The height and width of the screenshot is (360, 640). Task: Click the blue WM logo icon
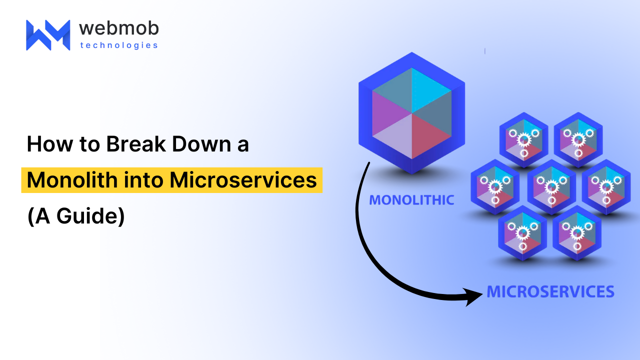[x=48, y=35]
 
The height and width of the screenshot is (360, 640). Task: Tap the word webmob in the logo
[x=119, y=28]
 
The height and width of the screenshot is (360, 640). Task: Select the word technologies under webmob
[x=119, y=45]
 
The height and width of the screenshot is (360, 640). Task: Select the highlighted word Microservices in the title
[x=243, y=180]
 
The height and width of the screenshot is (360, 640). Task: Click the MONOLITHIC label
[x=411, y=200]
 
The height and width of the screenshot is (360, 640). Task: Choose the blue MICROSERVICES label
[x=550, y=291]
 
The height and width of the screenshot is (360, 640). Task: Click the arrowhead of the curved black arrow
[x=472, y=296]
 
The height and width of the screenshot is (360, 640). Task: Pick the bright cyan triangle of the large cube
[x=431, y=90]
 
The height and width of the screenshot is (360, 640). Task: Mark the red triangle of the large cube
[x=431, y=136]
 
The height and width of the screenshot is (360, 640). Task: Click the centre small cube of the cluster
[x=551, y=187]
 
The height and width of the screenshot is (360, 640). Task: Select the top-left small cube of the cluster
[x=523, y=140]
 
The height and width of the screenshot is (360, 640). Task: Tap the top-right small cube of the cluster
[x=578, y=140]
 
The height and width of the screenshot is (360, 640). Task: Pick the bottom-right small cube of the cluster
[x=577, y=233]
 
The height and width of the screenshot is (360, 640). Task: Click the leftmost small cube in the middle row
[x=495, y=187]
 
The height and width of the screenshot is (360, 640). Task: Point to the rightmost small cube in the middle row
[x=606, y=187]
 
